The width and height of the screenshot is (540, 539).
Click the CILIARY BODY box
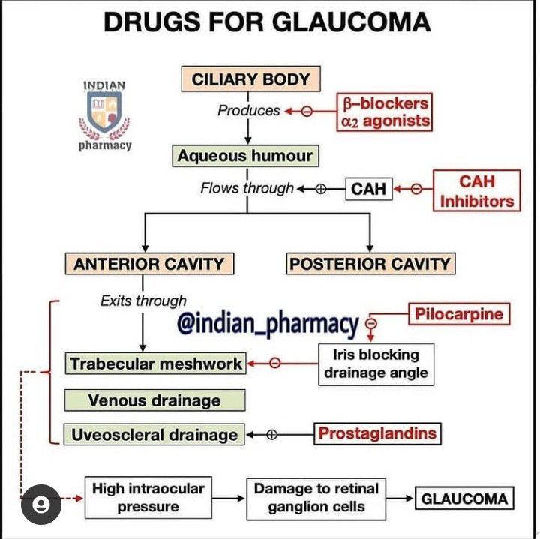pos(250,79)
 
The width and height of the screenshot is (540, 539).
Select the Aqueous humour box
pos(244,157)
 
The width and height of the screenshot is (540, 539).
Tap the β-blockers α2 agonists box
pos(384,112)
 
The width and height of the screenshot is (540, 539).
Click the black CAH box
pos(368,189)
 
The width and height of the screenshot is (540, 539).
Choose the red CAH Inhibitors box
pos(476,191)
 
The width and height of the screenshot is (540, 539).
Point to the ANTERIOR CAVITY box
pos(148,264)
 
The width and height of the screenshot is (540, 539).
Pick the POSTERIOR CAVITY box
pos(370,264)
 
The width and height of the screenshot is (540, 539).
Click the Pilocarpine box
pos(459,313)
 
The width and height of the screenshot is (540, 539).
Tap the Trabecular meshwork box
pos(156,364)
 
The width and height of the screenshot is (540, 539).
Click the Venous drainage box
pos(154,400)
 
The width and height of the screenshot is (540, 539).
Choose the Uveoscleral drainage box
pos(154,435)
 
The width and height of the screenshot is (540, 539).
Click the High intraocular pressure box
pos(148,498)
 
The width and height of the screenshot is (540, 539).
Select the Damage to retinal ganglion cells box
pos(316,498)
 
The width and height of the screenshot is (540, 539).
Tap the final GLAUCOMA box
pos(464,499)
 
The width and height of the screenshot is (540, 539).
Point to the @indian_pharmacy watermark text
pos(268,324)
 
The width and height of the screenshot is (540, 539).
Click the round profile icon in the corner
pos(41,505)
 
